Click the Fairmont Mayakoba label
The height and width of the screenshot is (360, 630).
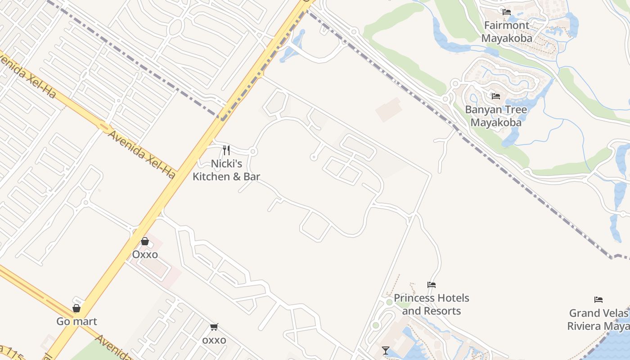point(507,31)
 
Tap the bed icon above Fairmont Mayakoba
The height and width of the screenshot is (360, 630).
point(507,12)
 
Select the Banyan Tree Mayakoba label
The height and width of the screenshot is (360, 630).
point(496,116)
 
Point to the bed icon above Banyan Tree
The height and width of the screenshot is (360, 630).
point(496,96)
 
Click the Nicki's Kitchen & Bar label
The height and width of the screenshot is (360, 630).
point(226,170)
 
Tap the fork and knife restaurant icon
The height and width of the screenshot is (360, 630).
point(226,150)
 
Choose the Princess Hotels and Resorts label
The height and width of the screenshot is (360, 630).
point(431,304)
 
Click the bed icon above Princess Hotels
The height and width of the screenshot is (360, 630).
point(432,285)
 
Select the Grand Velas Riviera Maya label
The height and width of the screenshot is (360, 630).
point(598,319)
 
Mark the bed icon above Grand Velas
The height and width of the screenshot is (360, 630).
point(598,300)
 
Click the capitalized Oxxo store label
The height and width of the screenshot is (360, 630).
point(145,255)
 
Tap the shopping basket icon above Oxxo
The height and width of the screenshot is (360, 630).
point(145,242)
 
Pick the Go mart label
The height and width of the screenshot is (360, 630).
point(76,321)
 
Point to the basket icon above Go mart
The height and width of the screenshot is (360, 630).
point(76,308)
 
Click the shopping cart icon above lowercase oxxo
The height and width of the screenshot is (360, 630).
point(214,327)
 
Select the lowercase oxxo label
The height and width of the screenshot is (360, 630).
point(214,340)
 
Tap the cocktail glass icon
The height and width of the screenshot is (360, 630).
point(386,351)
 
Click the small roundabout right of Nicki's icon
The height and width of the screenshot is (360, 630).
point(253,152)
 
